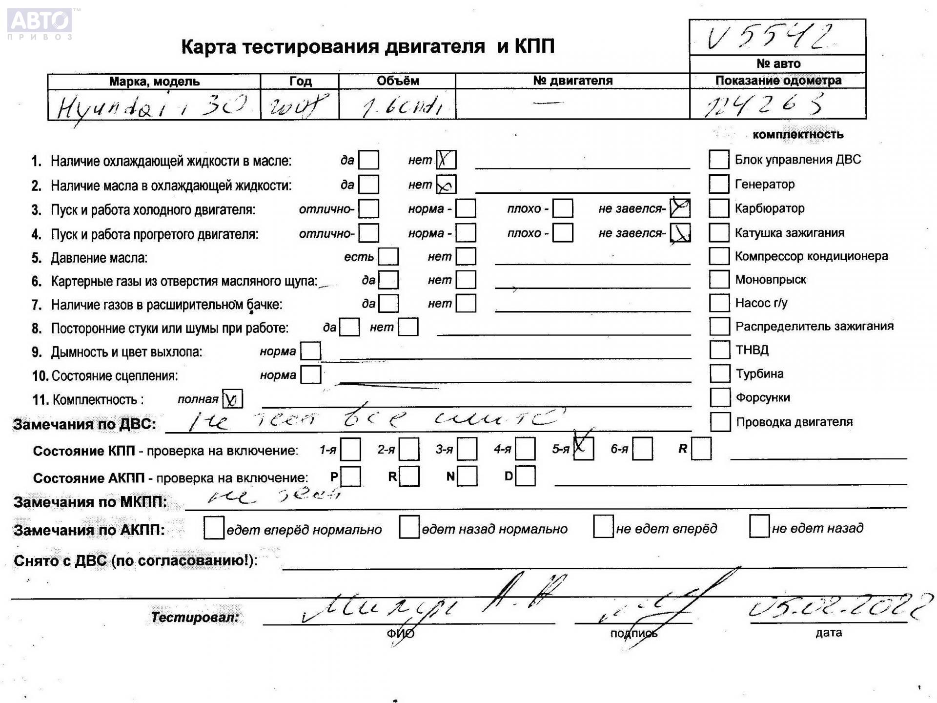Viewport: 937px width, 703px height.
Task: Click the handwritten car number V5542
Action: [x=770, y=37]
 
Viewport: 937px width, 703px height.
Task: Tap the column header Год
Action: [x=300, y=81]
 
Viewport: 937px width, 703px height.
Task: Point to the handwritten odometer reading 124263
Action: [x=764, y=104]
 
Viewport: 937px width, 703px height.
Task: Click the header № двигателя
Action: [x=572, y=81]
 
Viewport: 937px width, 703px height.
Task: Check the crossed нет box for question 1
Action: [x=446, y=160]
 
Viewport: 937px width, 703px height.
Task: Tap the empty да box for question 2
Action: [x=368, y=185]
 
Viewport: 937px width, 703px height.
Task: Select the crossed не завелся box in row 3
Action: [x=680, y=208]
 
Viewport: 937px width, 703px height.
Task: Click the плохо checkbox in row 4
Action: [x=563, y=233]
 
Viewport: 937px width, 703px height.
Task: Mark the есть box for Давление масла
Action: [x=388, y=256]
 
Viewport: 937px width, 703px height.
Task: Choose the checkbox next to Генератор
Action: [x=719, y=184]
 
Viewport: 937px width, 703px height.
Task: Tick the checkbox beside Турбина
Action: [x=719, y=373]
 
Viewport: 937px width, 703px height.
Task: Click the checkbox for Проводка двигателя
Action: [x=720, y=422]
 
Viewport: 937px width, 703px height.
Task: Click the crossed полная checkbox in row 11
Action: [x=232, y=399]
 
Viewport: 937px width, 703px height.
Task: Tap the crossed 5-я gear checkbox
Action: [x=584, y=449]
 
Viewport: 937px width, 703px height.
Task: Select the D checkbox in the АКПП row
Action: [x=525, y=476]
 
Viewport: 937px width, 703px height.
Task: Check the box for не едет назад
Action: [x=759, y=527]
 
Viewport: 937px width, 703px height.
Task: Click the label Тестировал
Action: [x=195, y=618]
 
